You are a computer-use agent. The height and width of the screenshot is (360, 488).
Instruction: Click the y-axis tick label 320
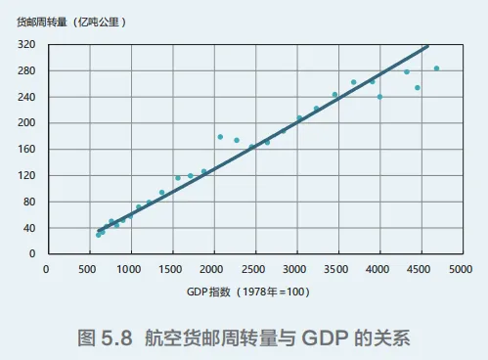(x=26, y=45)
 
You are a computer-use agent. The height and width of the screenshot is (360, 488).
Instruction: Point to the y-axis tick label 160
(x=26, y=150)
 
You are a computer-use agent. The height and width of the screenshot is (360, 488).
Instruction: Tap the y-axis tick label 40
(x=29, y=228)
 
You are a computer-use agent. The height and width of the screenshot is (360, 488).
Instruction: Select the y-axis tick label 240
(x=26, y=97)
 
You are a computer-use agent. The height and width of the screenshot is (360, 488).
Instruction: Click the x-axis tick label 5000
(x=463, y=268)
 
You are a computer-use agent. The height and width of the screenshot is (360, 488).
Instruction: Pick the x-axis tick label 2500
(x=254, y=268)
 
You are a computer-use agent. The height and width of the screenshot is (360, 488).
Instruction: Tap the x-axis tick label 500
(x=88, y=268)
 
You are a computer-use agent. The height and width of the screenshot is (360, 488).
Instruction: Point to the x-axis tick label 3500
(x=337, y=268)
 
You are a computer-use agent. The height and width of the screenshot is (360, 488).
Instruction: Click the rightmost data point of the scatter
(x=436, y=68)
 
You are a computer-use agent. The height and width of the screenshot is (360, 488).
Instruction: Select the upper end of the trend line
(x=427, y=46)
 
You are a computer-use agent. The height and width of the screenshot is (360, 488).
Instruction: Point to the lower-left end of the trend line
(x=99, y=231)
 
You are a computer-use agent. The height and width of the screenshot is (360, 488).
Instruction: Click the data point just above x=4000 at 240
(x=379, y=97)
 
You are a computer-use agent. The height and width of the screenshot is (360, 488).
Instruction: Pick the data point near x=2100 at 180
(x=220, y=137)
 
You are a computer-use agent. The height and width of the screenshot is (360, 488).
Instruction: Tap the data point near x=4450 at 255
(x=418, y=88)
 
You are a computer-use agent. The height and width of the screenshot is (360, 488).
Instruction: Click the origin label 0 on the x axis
(x=46, y=268)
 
